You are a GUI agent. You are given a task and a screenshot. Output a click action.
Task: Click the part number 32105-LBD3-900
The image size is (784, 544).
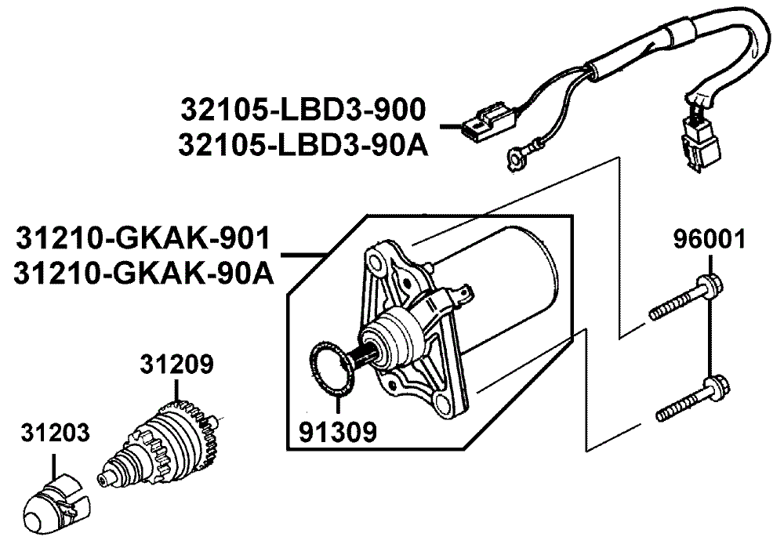pyautogui.click(x=303, y=110)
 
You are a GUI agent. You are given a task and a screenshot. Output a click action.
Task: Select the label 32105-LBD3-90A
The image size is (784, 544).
pyautogui.click(x=303, y=143)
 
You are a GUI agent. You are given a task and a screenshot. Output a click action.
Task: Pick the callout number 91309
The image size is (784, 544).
pyautogui.click(x=337, y=430)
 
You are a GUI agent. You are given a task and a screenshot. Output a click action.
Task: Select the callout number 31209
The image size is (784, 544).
pyautogui.click(x=176, y=364)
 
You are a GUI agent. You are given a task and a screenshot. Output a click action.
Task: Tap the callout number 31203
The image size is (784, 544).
pyautogui.click(x=55, y=433)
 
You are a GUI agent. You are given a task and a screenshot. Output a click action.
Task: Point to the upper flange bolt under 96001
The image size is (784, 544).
pyautogui.click(x=686, y=300)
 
